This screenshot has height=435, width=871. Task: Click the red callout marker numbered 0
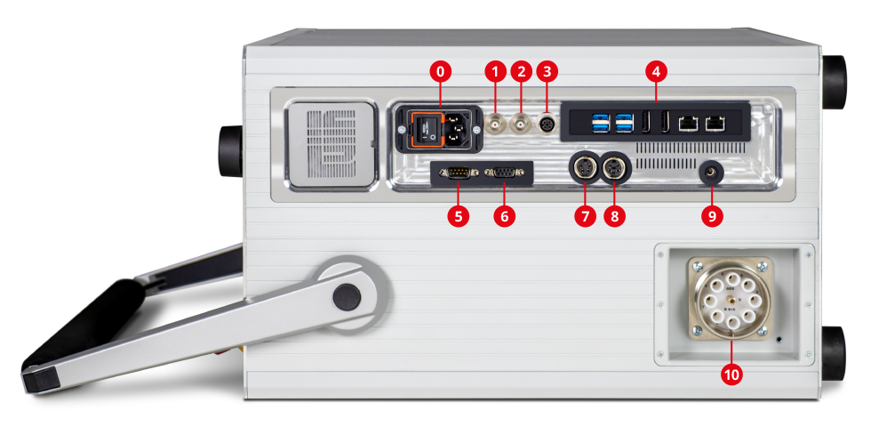[x=441, y=72]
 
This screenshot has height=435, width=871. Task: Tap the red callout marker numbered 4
[x=656, y=72]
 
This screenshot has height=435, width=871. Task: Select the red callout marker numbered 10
[x=731, y=375]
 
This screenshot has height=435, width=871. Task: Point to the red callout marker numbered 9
[x=712, y=216]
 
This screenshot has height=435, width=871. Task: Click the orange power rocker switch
[x=425, y=130]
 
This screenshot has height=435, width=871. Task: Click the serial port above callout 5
[x=458, y=173]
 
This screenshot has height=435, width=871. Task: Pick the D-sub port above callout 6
[x=503, y=173]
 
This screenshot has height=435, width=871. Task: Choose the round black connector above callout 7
[x=585, y=167]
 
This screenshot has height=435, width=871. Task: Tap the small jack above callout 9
[x=712, y=173]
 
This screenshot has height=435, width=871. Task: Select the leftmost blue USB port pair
[x=602, y=123]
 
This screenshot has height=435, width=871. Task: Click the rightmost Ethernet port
[x=714, y=124]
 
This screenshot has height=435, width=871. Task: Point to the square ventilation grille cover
[x=332, y=144]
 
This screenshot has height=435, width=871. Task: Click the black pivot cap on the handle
[x=347, y=297]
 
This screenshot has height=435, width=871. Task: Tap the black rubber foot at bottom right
[x=834, y=353]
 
